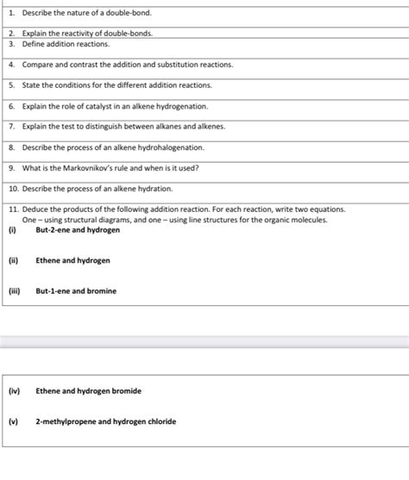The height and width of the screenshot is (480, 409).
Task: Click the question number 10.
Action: [x=14, y=188]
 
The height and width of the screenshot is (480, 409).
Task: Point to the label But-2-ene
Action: [x=54, y=230]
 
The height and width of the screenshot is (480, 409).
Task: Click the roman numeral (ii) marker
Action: [x=14, y=260]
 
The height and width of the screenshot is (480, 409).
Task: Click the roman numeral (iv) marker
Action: [x=14, y=391]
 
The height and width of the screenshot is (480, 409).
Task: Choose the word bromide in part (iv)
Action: [x=124, y=391]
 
